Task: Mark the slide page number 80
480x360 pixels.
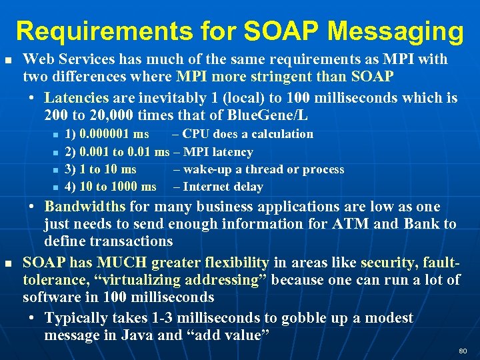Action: pos(463,351)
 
